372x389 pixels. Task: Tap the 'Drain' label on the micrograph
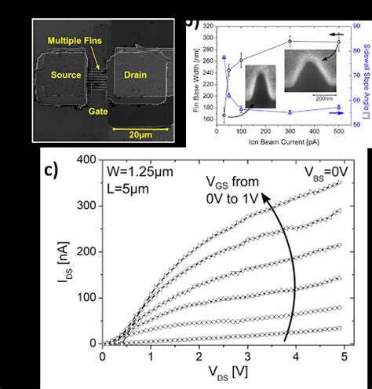click(137, 76)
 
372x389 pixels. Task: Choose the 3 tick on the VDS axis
click(248, 358)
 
